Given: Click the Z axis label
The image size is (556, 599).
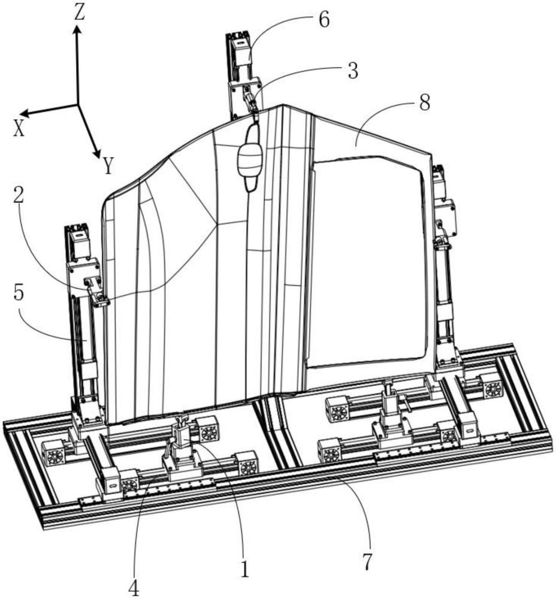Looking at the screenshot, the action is (79, 12).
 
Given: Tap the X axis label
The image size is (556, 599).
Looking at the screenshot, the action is (19, 129).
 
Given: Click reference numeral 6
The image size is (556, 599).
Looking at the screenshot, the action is (324, 20).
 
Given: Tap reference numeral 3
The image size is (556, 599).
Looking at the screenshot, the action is (353, 71).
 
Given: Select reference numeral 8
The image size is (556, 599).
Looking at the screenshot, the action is (425, 102).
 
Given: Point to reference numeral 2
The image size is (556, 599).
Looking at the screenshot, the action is (19, 196).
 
